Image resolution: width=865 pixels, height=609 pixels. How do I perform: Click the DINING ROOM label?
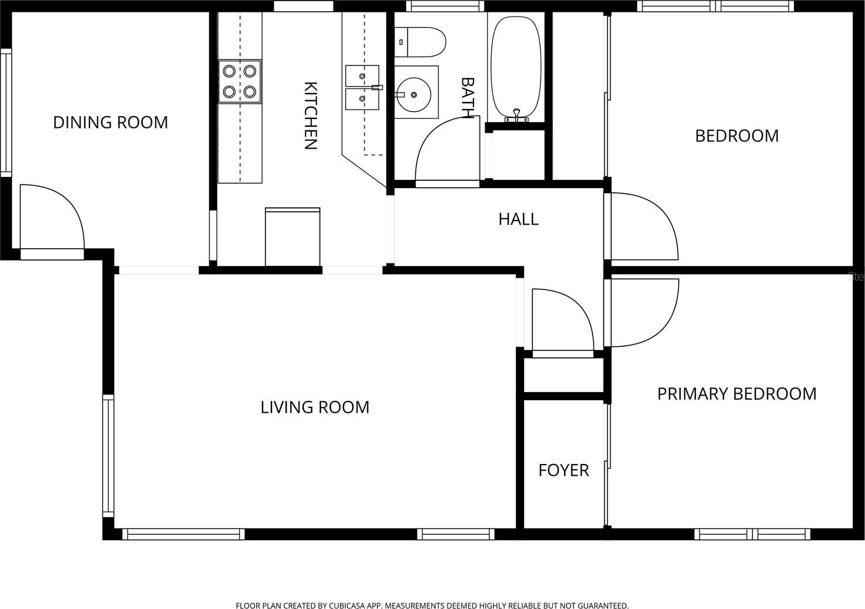click(111, 123)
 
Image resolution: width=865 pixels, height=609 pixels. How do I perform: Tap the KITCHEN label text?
click(310, 116)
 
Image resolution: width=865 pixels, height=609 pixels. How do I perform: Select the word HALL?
click(518, 219)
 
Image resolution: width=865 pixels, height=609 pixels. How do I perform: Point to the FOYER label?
click(564, 470)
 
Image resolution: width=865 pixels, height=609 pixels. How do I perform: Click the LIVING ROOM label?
click(314, 407)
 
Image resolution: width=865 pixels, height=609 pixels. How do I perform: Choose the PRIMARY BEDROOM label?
click(737, 394)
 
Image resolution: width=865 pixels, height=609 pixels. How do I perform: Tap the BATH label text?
click(468, 97)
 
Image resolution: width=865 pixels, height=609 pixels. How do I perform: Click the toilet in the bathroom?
click(420, 42)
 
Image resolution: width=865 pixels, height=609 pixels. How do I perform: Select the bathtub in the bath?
click(516, 68)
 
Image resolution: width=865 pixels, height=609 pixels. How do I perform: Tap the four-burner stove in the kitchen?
click(240, 81)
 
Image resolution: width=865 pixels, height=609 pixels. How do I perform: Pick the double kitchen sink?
click(362, 87)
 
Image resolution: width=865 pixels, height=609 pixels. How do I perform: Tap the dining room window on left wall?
click(6, 113)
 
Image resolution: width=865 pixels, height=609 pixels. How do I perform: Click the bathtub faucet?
click(516, 116)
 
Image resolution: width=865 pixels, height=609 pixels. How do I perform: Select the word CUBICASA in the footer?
click(346, 605)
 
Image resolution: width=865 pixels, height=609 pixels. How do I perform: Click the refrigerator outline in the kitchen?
click(293, 236)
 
